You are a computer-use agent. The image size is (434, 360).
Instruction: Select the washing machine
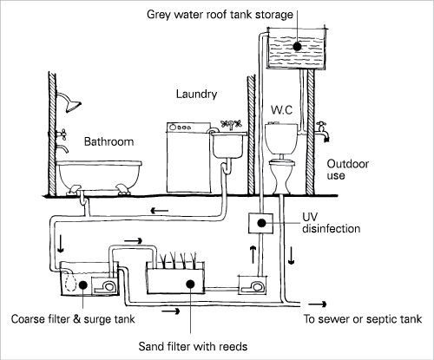pyautogui.click(x=188, y=158)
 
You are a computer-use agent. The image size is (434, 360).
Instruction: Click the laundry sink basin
pyautogui.click(x=228, y=146)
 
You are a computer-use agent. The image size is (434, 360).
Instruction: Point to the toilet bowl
pyautogui.click(x=281, y=176)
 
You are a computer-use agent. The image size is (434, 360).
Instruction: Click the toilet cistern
pyautogui.click(x=281, y=139)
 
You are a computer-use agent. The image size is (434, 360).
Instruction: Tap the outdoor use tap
pyautogui.click(x=323, y=132)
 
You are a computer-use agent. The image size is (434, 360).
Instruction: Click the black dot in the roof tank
pyautogui.click(x=297, y=46)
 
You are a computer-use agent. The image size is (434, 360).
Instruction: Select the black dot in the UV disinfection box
pyautogui.click(x=262, y=223)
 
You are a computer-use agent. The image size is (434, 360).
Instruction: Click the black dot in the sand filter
pyautogui.click(x=190, y=284)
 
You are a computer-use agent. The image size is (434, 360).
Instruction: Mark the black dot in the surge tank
pyautogui.click(x=82, y=285)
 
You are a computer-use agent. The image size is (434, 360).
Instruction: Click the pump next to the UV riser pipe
pyautogui.click(x=253, y=285)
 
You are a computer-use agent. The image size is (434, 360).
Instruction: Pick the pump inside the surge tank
pyautogui.click(x=105, y=285)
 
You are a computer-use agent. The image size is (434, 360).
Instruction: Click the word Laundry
pyautogui.click(x=196, y=95)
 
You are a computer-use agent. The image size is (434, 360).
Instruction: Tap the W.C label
pyautogui.click(x=281, y=110)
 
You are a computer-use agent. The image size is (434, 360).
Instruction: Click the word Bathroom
pyautogui.click(x=108, y=141)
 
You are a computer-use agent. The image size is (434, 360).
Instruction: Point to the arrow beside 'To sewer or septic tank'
pyautogui.click(x=317, y=304)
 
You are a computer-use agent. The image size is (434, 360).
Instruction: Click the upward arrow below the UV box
pyautogui.click(x=253, y=254)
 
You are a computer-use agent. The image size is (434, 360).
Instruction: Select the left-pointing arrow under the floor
pyautogui.click(x=160, y=211)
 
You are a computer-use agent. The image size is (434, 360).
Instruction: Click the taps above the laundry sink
pyautogui.click(x=231, y=125)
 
